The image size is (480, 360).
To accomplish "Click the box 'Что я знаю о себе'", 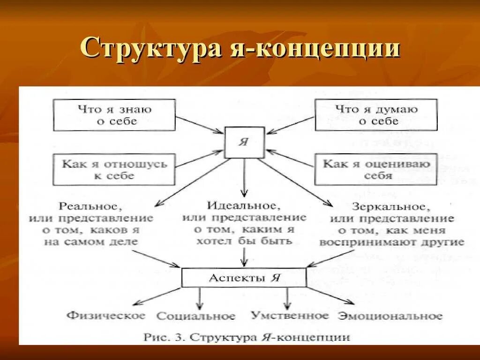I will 114,115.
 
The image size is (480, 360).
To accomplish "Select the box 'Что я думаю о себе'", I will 376,115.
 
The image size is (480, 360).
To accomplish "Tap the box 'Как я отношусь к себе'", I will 114,170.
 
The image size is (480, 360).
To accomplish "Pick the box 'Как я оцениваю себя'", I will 376,170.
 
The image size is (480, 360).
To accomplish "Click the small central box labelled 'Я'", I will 244,142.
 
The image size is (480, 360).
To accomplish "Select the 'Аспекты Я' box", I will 244,277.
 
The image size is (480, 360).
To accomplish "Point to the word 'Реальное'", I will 91,207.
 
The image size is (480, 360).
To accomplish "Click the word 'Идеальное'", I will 244,206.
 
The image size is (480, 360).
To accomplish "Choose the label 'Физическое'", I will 106,315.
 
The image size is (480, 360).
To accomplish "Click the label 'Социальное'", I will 196,316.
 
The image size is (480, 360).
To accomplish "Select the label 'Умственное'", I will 290,315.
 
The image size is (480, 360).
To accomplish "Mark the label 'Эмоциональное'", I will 390,315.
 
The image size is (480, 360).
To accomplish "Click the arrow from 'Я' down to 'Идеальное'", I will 244,178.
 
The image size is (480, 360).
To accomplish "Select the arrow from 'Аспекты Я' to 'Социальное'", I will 200,298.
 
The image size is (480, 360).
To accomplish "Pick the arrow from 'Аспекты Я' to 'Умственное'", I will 287,298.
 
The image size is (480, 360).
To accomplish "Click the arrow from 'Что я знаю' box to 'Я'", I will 199,125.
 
